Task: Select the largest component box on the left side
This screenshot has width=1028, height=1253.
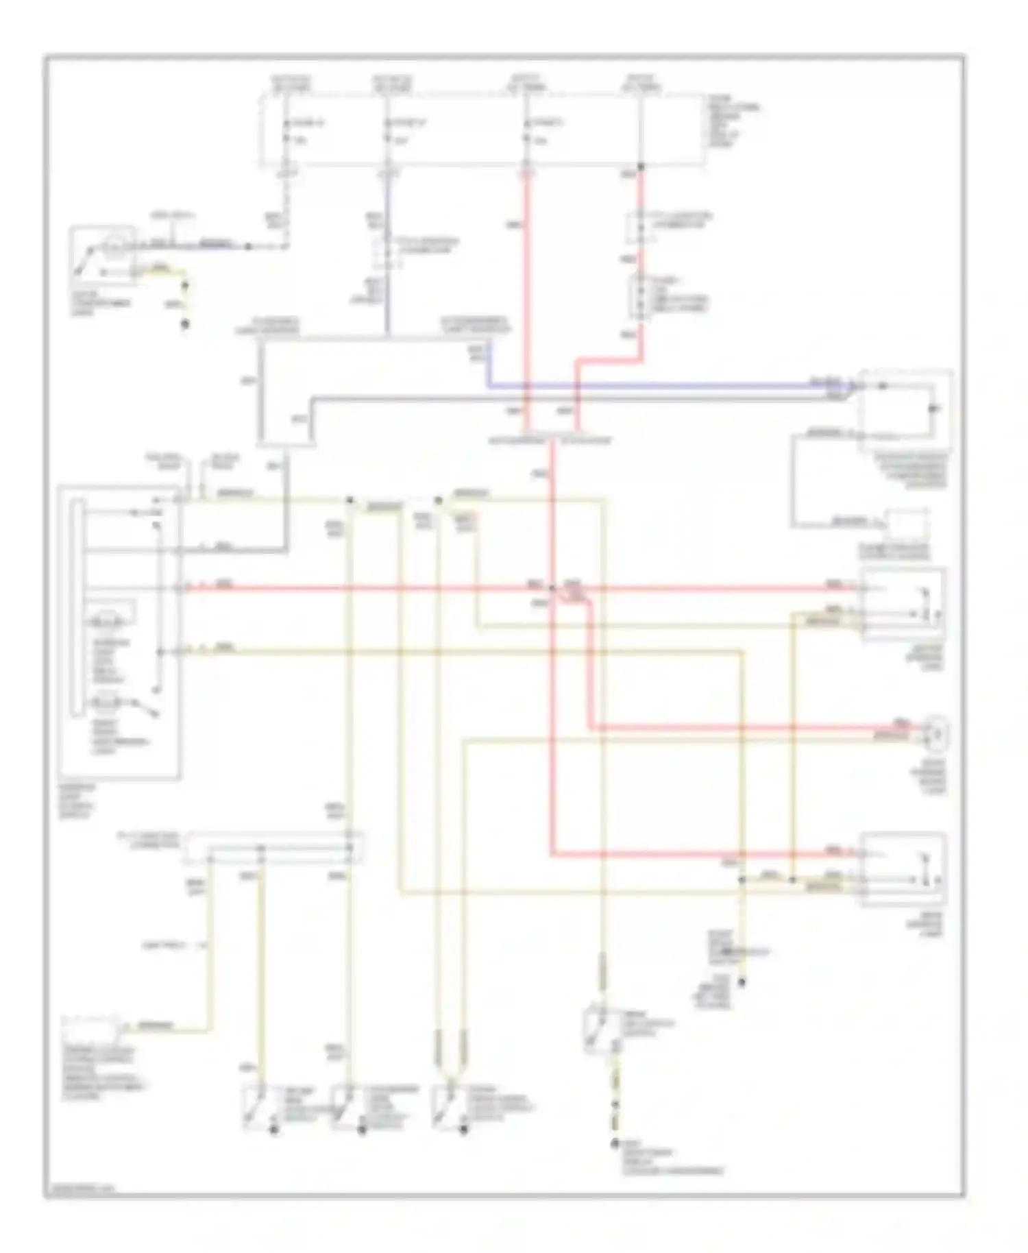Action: (x=120, y=631)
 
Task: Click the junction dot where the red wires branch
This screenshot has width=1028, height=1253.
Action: (x=552, y=587)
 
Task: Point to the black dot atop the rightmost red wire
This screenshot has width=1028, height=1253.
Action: (x=641, y=167)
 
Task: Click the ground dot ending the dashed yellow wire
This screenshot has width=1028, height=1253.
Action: (x=615, y=1143)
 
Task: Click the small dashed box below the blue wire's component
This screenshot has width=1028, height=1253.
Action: (x=906, y=524)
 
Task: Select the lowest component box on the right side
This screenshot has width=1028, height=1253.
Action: (x=903, y=869)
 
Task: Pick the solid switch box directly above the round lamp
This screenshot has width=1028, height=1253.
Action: (x=903, y=603)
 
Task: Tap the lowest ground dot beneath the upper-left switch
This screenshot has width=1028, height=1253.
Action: (x=184, y=324)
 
